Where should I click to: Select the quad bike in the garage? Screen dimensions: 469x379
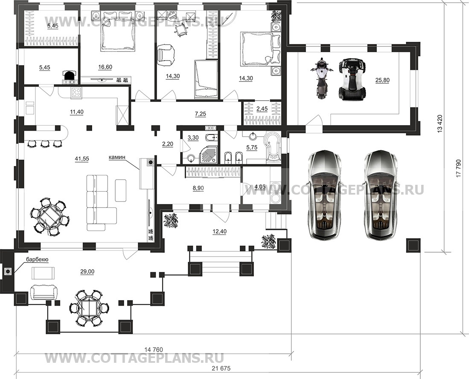tap(352, 79)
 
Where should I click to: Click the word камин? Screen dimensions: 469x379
tap(117, 157)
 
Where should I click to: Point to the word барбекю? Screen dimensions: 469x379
tap(37, 259)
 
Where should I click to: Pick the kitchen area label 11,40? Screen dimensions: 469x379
tap(76, 112)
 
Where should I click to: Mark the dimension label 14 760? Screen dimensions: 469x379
tap(153, 350)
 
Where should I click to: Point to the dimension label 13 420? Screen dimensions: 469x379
tap(440, 123)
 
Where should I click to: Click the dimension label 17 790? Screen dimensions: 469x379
tap(458, 169)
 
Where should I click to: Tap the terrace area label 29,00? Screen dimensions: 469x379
tap(87, 271)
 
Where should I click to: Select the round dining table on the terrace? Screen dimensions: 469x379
tap(89, 308)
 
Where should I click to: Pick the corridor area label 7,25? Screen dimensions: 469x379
tap(200, 114)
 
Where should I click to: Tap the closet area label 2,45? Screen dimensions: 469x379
tap(262, 108)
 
